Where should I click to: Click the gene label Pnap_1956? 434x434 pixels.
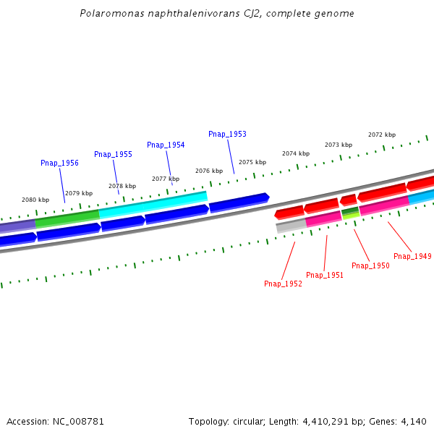(59, 163)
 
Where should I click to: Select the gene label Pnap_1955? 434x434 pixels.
(113, 155)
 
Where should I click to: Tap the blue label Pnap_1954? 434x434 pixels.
(166, 145)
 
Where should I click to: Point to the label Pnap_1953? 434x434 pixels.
(227, 135)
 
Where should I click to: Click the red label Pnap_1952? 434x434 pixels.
(283, 284)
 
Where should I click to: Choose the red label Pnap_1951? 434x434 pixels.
(325, 276)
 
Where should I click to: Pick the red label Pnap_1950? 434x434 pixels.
(370, 266)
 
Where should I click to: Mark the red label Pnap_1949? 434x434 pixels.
(412, 257)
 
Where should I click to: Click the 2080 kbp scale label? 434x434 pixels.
(35, 200)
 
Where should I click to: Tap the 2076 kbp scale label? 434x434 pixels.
(209, 171)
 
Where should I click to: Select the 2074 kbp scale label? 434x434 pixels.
(296, 154)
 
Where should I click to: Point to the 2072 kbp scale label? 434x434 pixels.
(382, 135)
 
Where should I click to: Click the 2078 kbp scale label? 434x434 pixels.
(122, 186)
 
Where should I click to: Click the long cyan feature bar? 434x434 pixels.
(153, 204)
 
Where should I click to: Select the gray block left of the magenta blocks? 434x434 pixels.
(291, 226)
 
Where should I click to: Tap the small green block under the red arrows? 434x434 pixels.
(350, 212)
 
